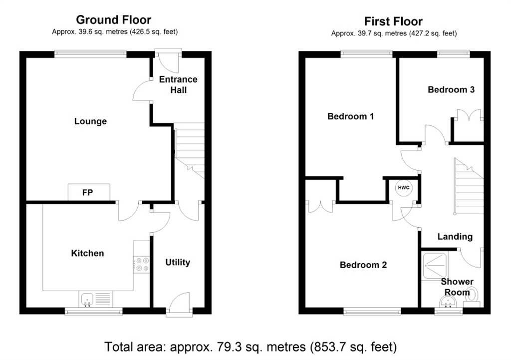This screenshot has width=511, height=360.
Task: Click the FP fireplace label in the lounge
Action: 87,193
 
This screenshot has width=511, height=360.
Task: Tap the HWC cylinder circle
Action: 404,188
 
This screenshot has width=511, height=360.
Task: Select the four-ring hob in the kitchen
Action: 142,264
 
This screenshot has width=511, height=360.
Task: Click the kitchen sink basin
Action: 87,300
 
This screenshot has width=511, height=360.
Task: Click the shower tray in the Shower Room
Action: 435,266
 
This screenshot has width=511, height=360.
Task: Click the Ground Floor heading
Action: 114,20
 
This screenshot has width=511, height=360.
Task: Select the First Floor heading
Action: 393,21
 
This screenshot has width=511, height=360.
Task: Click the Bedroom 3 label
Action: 451,90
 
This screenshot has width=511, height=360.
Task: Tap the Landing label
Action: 455,236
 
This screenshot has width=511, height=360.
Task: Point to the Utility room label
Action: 178,262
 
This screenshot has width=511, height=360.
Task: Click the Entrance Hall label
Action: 178,84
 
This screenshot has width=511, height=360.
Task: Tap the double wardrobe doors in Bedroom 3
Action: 469,115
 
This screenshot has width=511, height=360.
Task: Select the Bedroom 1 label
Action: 351,116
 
